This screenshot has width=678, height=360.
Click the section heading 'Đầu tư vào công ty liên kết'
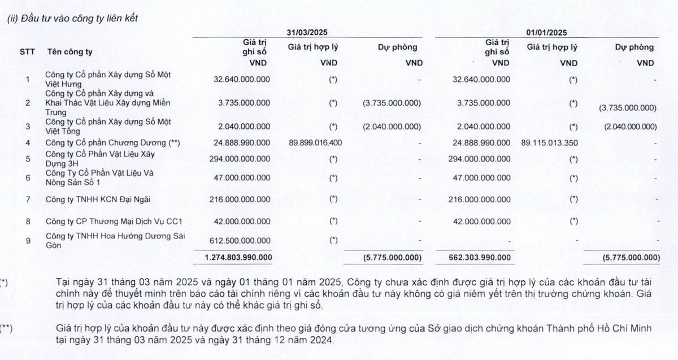pyautogui.click(x=79, y=18)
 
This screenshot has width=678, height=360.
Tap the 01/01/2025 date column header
pyautogui.click(x=546, y=32)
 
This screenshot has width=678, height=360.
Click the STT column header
pyautogui.click(x=27, y=52)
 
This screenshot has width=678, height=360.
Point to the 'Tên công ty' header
pyautogui.click(x=69, y=52)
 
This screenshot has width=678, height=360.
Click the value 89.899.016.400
pyautogui.click(x=315, y=142)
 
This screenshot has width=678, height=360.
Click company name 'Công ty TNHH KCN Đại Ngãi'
pyautogui.click(x=90, y=199)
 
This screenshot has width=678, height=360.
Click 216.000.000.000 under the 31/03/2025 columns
pyautogui.click(x=241, y=199)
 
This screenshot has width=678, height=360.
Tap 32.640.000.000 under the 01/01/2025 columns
pyautogui.click(x=481, y=79)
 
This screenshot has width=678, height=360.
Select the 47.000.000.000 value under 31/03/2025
pyautogui.click(x=244, y=177)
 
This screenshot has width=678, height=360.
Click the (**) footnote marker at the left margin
pyautogui.click(x=6, y=328)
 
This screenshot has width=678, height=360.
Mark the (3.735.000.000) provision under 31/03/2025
pyautogui.click(x=392, y=103)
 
